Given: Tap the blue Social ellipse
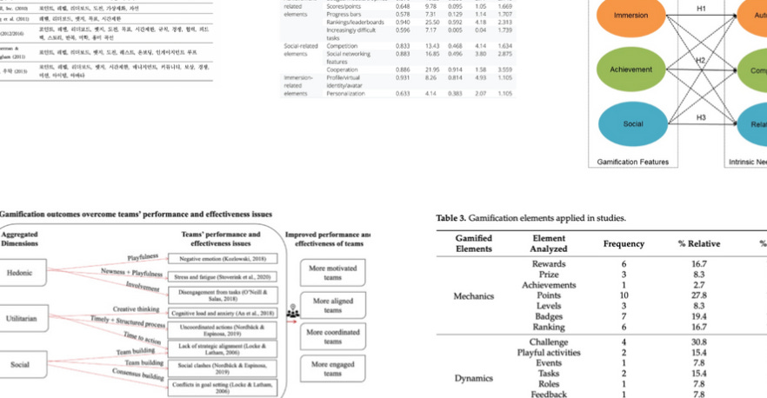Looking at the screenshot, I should pos(633,124).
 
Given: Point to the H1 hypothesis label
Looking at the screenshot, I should pos(700,9).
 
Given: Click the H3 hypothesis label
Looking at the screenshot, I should pos(700,116).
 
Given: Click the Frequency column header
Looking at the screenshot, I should pos(624,244).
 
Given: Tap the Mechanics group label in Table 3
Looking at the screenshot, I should pos(473,296).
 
